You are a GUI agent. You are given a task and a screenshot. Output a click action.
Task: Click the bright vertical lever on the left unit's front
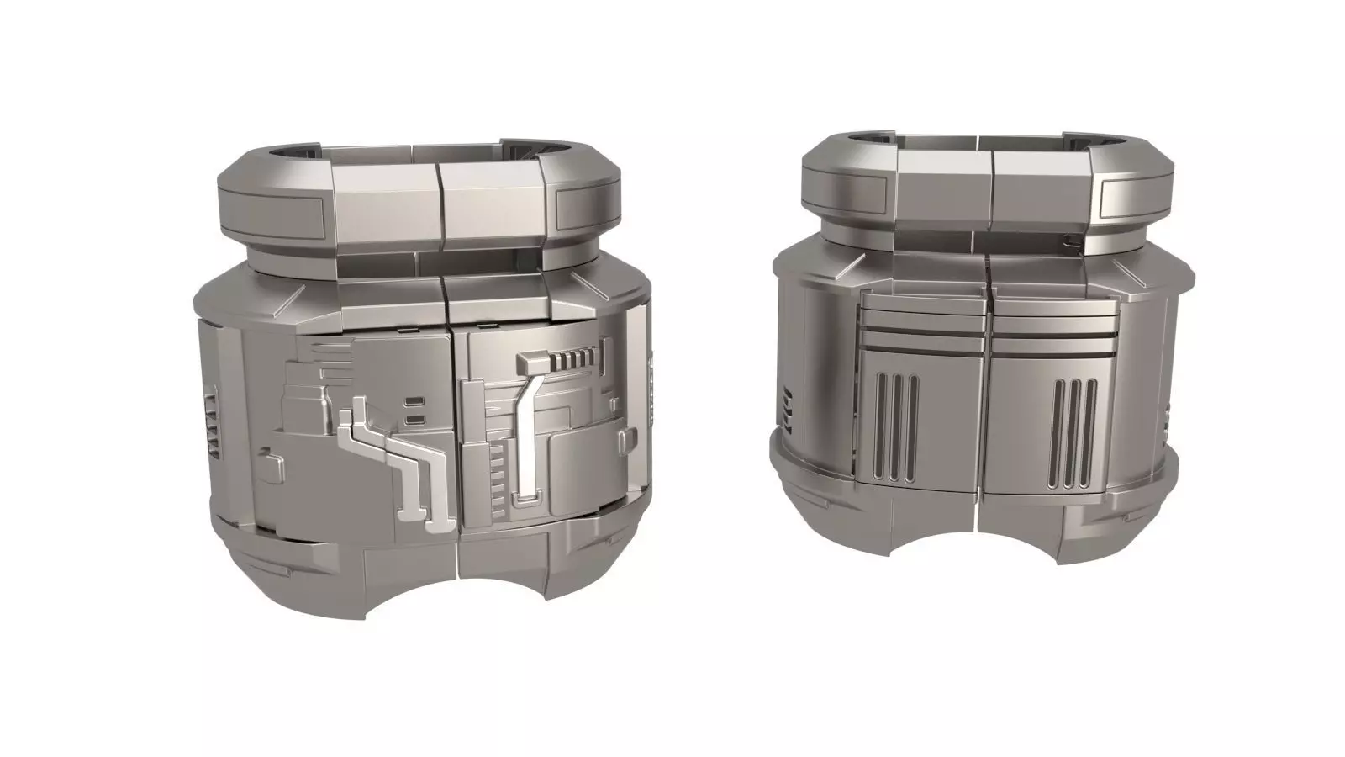coord(530,437)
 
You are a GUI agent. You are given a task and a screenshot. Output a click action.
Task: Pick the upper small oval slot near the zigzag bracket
coord(414,402)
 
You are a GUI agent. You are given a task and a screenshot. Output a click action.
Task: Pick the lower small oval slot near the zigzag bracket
coord(414,417)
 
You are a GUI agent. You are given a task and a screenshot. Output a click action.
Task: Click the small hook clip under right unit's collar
coord(1070,243)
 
